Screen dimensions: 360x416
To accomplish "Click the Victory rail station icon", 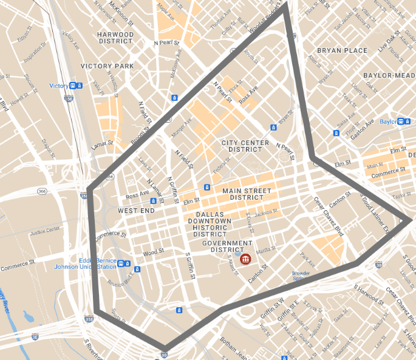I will (x=73, y=86).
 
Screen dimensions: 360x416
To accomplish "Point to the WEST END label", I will (x=135, y=210).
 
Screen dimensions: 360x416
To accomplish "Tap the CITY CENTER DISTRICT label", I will (x=246, y=146).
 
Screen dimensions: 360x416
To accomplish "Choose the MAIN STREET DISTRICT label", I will (x=247, y=194).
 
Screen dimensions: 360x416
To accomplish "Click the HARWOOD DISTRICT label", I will (x=115, y=38).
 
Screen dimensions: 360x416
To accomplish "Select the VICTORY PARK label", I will (x=107, y=66).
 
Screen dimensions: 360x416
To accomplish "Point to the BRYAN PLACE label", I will (x=341, y=50).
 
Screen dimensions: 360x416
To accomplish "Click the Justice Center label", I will (x=46, y=230).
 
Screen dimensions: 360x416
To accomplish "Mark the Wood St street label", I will (x=153, y=252).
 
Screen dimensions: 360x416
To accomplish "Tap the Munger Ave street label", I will (x=181, y=129).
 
